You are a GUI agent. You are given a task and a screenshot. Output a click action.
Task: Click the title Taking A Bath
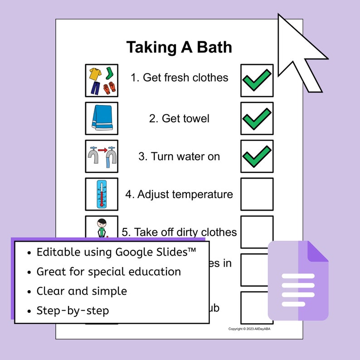179,47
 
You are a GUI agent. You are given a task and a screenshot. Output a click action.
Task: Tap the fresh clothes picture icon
102,80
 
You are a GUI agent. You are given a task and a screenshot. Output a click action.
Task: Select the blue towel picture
102,118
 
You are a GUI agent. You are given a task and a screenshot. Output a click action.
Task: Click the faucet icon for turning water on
102,156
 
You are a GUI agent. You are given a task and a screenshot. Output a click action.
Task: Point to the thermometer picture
102,194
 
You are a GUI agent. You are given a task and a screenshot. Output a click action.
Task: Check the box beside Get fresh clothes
257,80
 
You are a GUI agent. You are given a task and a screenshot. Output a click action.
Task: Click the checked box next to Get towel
257,118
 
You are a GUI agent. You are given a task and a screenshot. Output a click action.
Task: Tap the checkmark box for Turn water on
257,156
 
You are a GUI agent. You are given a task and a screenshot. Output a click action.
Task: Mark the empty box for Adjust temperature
257,194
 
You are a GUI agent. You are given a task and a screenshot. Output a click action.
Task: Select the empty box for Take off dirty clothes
257,232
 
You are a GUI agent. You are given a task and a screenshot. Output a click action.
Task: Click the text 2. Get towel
179,119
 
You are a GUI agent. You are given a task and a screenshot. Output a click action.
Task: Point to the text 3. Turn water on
179,156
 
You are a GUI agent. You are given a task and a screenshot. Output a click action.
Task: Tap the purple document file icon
298,281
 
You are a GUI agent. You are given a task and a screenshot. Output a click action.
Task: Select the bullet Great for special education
109,272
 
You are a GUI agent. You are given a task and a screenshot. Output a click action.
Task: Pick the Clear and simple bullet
82,291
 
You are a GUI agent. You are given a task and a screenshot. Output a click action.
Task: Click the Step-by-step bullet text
73,311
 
